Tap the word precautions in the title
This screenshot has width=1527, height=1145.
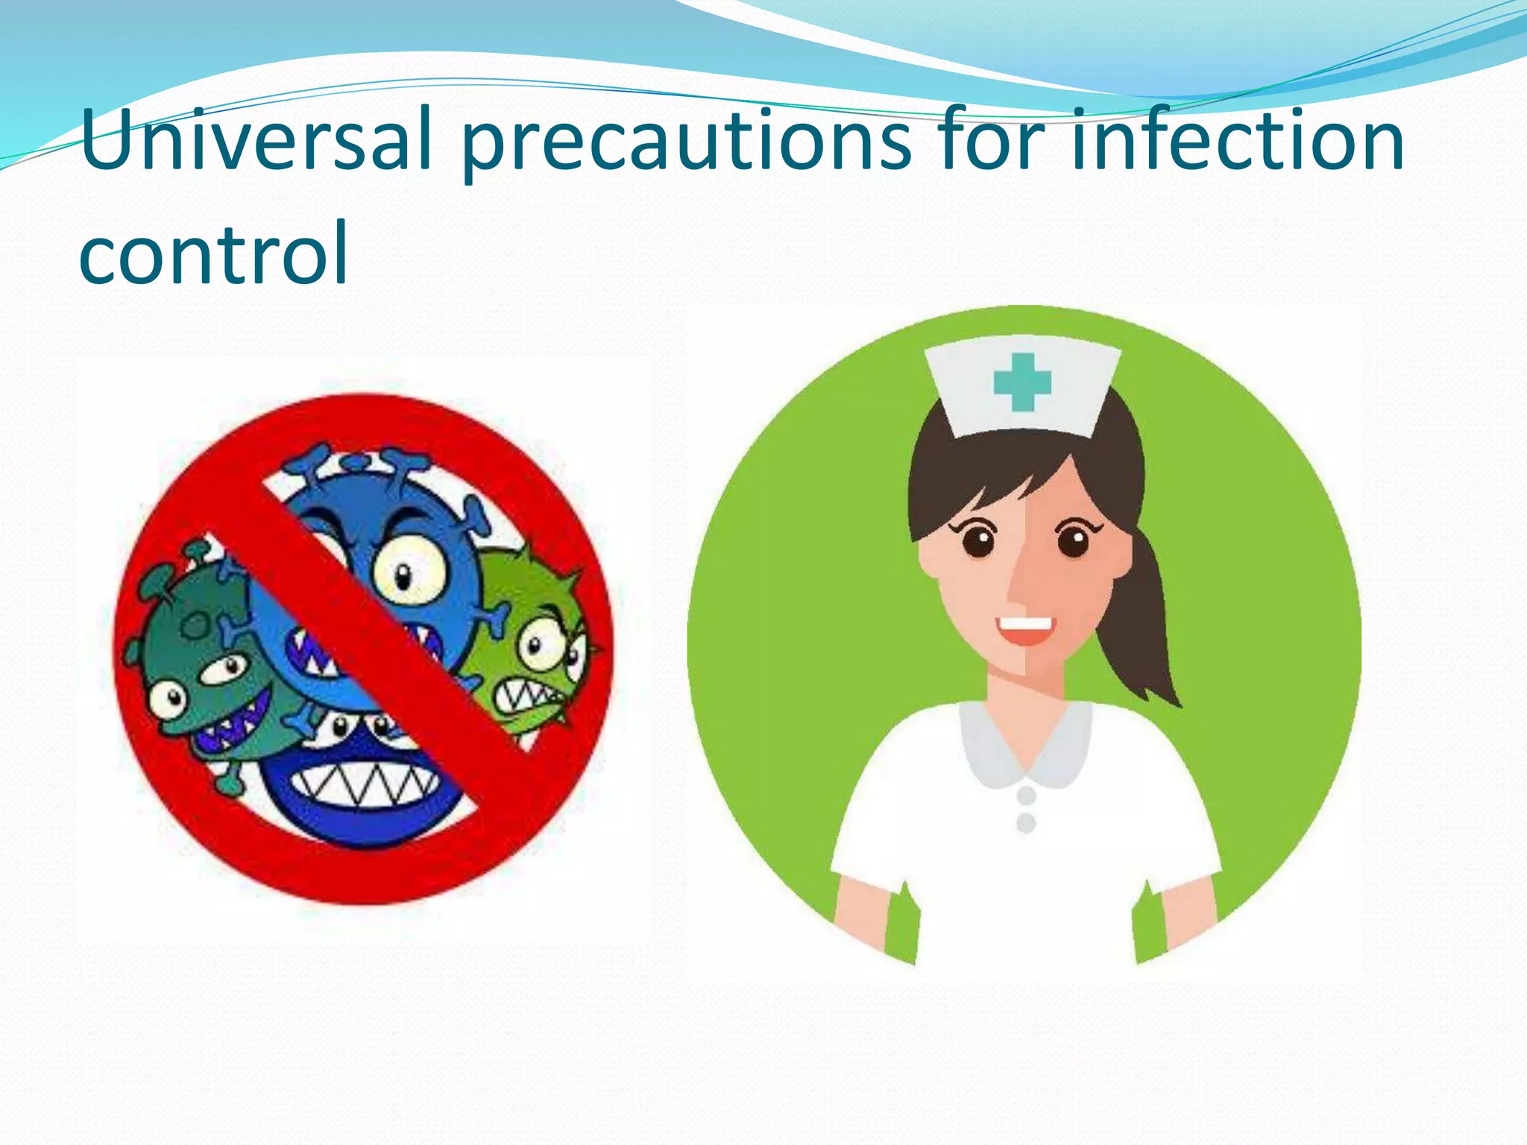tap(686, 142)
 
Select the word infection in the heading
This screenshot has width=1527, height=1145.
tap(1238, 140)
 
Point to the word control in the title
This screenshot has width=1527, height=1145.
tap(213, 253)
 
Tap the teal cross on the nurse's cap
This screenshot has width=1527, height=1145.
tap(1022, 382)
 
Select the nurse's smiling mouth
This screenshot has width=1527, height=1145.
tap(1025, 630)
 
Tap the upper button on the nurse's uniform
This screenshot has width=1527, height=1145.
tap(1027, 795)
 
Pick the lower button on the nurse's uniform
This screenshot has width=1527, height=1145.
tap(1027, 823)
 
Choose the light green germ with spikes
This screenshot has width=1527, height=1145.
tap(529, 634)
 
